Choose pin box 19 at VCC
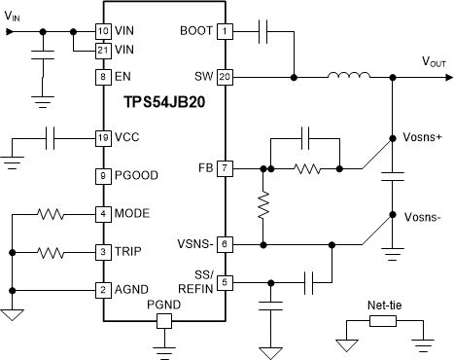click(101, 137)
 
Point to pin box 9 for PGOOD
click(101, 175)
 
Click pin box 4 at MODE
click(101, 213)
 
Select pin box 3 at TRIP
click(101, 252)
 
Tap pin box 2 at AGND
click(101, 290)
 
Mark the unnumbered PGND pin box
click(163, 319)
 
